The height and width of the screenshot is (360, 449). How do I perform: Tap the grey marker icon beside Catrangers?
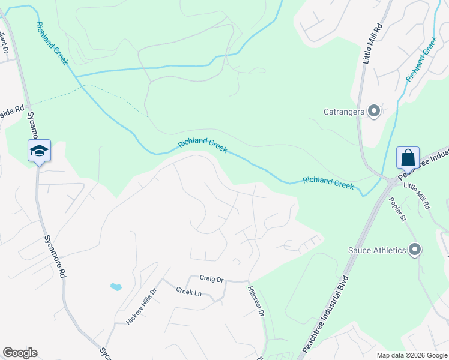point(374,111)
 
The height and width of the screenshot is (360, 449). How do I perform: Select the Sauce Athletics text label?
point(377,250)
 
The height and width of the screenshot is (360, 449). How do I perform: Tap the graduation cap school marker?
point(39,151)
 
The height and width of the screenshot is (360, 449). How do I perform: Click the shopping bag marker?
point(408,158)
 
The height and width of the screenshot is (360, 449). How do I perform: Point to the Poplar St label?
point(398,209)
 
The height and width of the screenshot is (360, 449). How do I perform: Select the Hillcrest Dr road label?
point(255,301)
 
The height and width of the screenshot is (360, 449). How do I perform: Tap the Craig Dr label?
point(211,279)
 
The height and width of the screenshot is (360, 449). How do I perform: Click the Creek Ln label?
point(188,292)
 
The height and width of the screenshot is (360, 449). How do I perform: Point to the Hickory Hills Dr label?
point(142,306)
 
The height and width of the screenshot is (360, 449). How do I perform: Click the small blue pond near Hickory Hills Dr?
point(116,287)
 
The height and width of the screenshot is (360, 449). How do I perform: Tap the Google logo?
point(20,353)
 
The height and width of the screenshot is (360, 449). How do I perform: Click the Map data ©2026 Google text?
point(411,355)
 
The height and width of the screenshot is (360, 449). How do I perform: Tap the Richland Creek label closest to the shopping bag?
point(328,182)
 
